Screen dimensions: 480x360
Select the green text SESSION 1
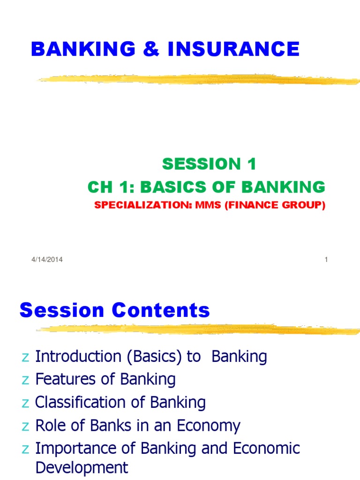pos(210,164)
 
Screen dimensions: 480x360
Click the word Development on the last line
pos(82,468)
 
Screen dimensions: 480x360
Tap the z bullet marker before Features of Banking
pos(26,381)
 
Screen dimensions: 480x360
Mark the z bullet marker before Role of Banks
pos(26,427)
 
